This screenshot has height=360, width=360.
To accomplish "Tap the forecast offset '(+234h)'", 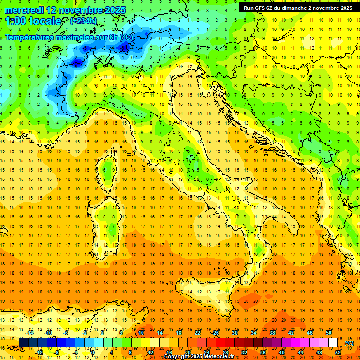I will [x=83, y=21].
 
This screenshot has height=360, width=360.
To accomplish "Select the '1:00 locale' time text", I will [x=33, y=21].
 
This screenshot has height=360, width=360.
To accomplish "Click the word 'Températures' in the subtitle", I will [x=32, y=37].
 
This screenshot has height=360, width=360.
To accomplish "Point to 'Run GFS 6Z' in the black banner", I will [x=260, y=8].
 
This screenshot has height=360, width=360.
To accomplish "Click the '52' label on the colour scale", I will [x=338, y=352].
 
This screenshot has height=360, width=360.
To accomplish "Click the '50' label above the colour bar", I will [x=329, y=333].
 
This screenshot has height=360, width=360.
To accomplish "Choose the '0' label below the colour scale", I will [x=93, y=352].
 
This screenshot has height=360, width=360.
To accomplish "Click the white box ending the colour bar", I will [x=333, y=343].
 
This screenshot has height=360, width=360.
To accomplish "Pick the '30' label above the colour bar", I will [x=234, y=333].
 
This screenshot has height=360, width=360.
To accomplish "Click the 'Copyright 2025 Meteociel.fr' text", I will [x=199, y=357].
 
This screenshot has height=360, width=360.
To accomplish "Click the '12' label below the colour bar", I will [x=150, y=352].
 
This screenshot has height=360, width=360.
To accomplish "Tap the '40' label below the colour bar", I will [x=282, y=352].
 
